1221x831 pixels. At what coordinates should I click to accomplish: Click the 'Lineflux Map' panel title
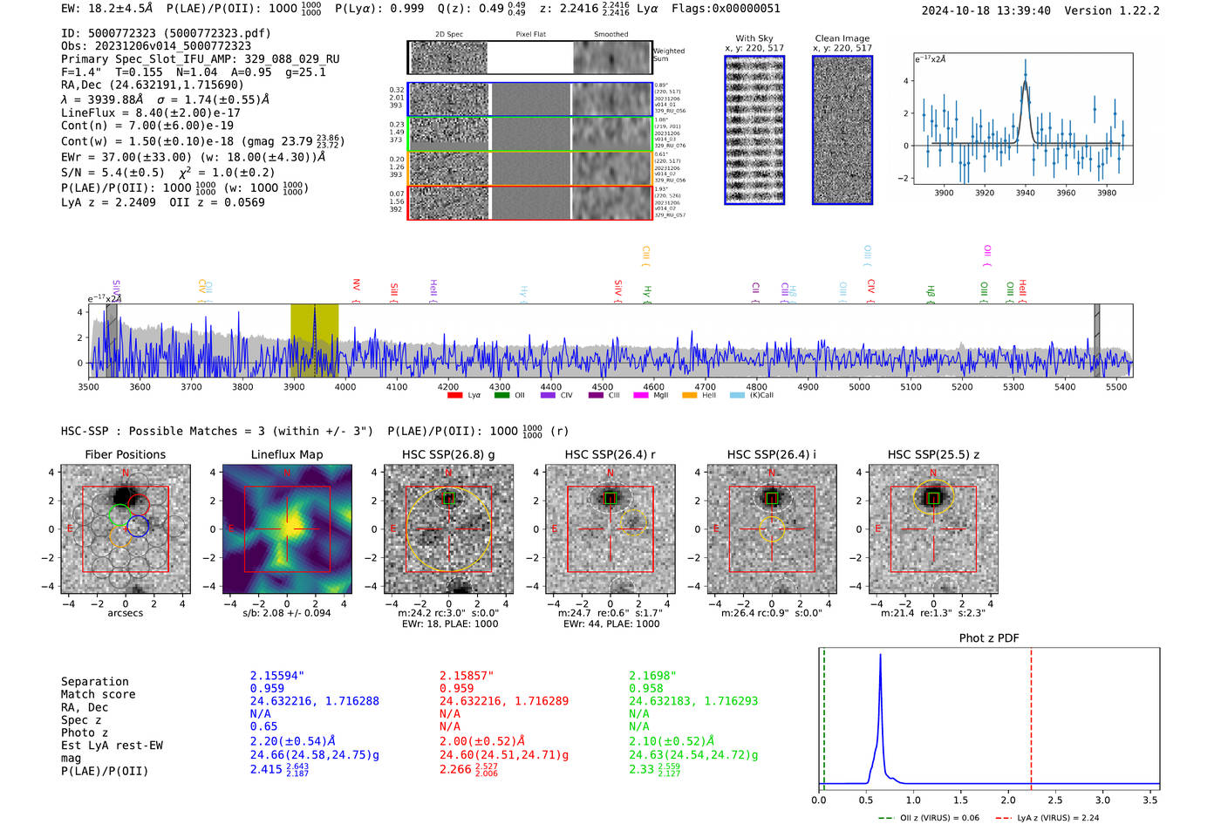pyautogui.click(x=286, y=454)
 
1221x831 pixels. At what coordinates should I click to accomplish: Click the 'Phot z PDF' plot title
pyautogui.click(x=988, y=638)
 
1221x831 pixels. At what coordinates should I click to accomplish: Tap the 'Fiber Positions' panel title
pyautogui.click(x=125, y=454)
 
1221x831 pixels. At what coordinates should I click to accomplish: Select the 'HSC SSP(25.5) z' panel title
pyautogui.click(x=933, y=454)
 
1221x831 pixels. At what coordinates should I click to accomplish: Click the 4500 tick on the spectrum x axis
pyautogui.click(x=602, y=387)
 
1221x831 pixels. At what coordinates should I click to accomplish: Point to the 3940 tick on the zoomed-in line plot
pyautogui.click(x=1025, y=193)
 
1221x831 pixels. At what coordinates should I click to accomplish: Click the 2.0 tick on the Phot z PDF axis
pyautogui.click(x=1007, y=800)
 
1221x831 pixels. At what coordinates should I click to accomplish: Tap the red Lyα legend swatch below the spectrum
pyautogui.click(x=454, y=396)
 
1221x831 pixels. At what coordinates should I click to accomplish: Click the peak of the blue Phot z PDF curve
pyautogui.click(x=880, y=656)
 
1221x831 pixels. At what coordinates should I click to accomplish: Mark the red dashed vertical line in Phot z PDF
pyautogui.click(x=1031, y=715)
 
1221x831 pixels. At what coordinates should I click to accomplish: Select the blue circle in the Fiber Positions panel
pyautogui.click(x=138, y=526)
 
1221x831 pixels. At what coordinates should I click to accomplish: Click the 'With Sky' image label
pyautogui.click(x=754, y=38)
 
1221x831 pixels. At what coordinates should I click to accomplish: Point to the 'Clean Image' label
pyautogui.click(x=842, y=38)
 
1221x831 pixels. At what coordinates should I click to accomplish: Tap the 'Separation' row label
pyautogui.click(x=94, y=682)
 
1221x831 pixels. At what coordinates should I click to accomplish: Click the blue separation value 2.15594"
pyautogui.click(x=276, y=676)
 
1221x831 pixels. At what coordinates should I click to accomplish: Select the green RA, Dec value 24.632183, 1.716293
pyautogui.click(x=693, y=701)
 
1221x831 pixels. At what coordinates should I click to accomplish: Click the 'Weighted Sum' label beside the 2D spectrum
pyautogui.click(x=668, y=55)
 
